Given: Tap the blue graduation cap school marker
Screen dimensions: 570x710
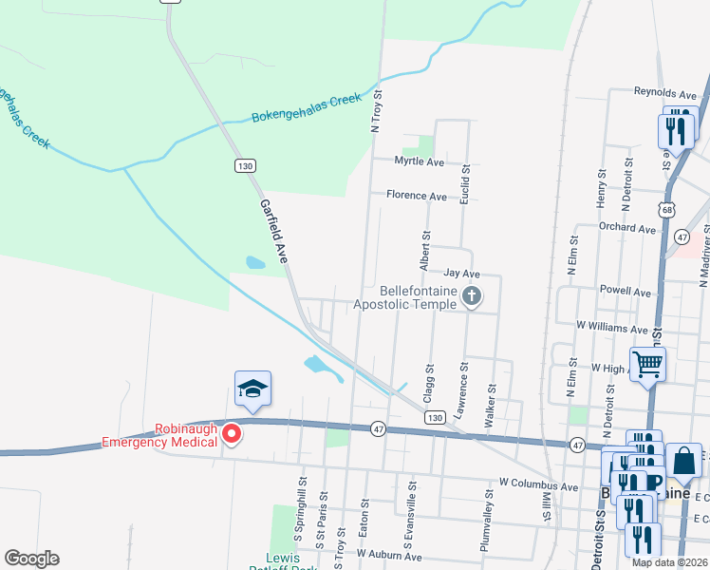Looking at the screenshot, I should point(252,388).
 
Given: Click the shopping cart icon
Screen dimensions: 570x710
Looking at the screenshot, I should point(647,363).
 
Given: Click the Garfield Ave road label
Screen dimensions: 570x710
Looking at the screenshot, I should point(273,231).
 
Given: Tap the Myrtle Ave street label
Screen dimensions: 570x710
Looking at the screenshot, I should point(420,161).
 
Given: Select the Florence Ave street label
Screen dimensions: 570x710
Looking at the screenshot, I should point(416,197).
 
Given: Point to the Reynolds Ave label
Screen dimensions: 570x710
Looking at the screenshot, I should point(665,94).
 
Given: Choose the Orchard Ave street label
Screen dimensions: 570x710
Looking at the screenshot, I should point(626,229).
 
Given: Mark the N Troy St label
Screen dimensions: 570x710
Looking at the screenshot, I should point(376,111).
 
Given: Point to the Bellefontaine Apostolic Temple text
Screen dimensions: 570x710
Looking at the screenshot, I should point(405,298).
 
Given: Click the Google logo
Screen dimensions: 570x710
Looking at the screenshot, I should point(32,559).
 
